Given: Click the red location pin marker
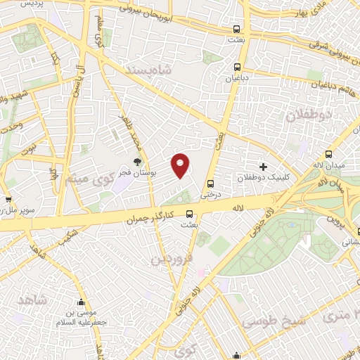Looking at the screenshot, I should point(181,165).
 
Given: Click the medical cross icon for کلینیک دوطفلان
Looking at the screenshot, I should point(264,167).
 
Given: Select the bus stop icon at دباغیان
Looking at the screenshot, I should point(236,69).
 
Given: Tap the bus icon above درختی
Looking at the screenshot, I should point(210,184).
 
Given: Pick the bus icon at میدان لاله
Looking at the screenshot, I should point(326,155).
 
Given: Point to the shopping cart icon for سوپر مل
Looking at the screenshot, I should point(9,200).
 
